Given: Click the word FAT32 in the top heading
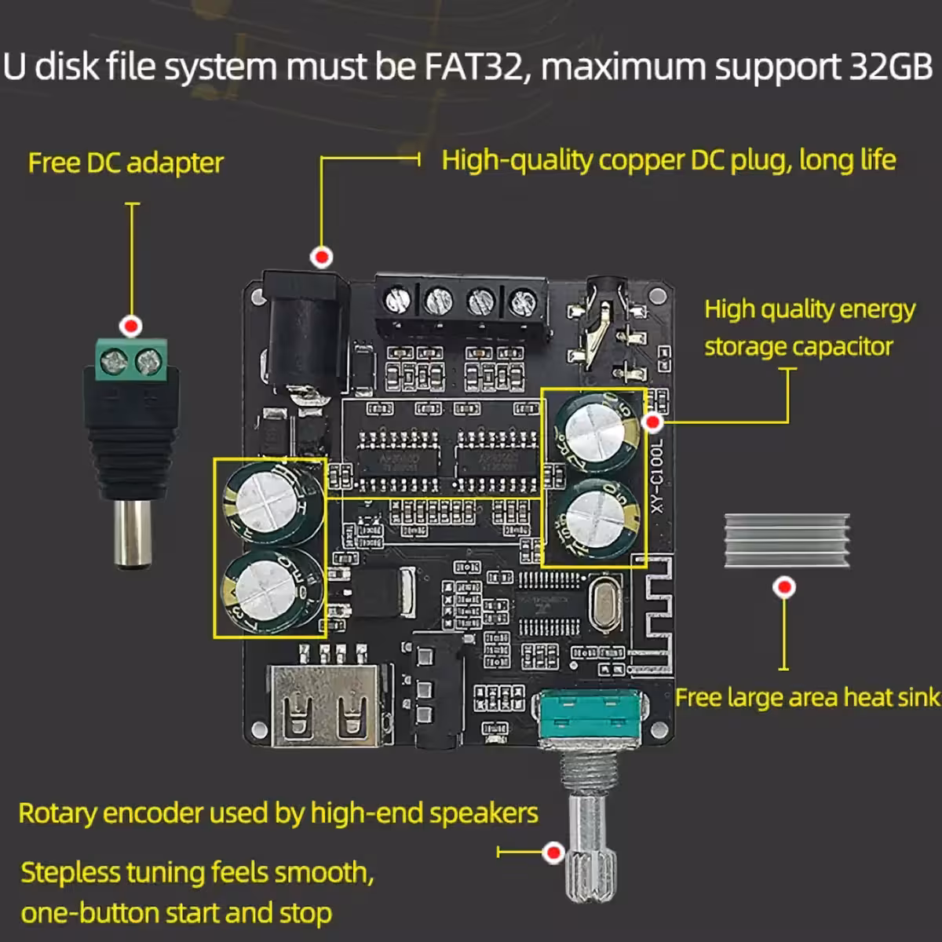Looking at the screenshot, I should click(x=473, y=67).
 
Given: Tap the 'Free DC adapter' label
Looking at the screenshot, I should click(x=126, y=162).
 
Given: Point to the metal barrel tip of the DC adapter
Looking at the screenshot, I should click(x=133, y=533).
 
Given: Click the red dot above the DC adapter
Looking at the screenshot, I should click(x=131, y=325).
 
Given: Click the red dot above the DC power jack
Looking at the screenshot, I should click(x=321, y=257).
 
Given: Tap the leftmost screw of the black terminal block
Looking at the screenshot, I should click(x=399, y=299).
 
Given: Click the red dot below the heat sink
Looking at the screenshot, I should click(x=784, y=586).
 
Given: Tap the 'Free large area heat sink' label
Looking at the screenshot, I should click(x=807, y=697).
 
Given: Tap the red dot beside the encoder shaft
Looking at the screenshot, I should click(x=554, y=852).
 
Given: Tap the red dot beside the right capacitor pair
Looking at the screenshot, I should click(x=652, y=422).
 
